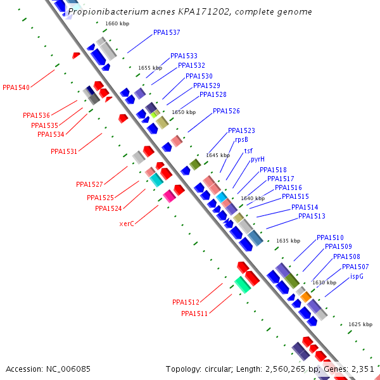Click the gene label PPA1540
(16, 87)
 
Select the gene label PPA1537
(167, 32)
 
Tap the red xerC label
(127, 224)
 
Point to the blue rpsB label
(241, 140)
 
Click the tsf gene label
(248, 151)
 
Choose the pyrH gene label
(258, 160)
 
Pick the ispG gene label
(357, 276)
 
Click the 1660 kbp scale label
(117, 23)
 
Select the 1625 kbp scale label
(360, 324)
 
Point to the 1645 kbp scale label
(218, 155)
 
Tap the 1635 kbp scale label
(288, 241)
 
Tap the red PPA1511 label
(194, 313)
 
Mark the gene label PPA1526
(226, 111)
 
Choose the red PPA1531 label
(64, 151)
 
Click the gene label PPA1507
(355, 267)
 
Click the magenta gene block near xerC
(169, 196)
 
